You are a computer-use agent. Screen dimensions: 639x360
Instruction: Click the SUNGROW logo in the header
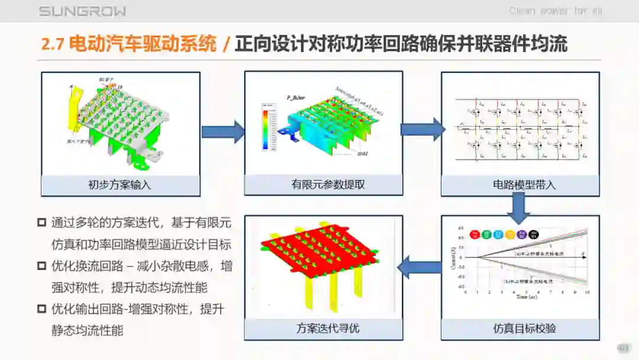[82, 11]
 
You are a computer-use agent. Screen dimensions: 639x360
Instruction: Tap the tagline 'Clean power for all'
[556, 11]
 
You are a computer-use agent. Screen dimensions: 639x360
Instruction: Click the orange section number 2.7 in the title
[52, 44]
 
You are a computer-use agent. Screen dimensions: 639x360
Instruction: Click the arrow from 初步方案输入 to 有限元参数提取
[223, 131]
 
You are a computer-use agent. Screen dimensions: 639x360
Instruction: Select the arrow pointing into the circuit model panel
[422, 130]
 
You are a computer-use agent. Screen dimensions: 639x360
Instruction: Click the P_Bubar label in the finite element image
[295, 97]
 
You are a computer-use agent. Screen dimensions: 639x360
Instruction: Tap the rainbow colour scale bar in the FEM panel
[265, 130]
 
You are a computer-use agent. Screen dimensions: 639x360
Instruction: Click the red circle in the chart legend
[475, 234]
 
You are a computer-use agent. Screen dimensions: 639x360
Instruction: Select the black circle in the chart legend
[534, 234]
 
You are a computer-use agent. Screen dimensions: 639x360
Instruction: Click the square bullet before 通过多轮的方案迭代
[41, 223]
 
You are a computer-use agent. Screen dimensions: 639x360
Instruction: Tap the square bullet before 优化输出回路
[41, 308]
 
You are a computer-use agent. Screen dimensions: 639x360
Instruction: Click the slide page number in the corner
[623, 348]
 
